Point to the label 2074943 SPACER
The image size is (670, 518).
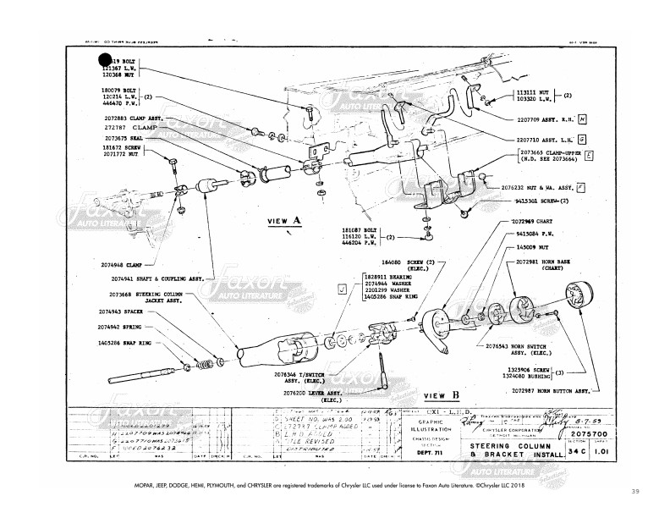click(118, 312)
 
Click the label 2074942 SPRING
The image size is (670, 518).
click(118, 326)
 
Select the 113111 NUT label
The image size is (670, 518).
click(530, 90)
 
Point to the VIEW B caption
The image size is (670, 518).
click(441, 395)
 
